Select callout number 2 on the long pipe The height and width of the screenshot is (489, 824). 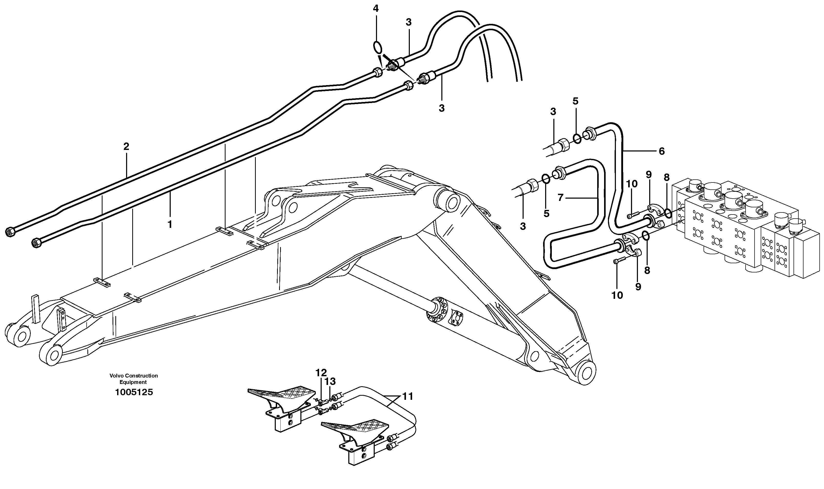[x=126, y=146]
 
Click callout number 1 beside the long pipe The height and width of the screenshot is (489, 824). [x=170, y=225]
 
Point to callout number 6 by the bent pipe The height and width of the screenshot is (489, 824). [x=662, y=151]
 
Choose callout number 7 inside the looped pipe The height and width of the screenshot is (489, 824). [x=561, y=198]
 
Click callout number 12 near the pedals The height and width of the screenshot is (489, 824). [x=321, y=373]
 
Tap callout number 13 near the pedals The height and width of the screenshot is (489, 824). [x=330, y=381]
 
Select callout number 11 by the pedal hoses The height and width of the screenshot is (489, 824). [x=408, y=396]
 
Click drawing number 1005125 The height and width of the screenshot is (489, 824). [x=134, y=392]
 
